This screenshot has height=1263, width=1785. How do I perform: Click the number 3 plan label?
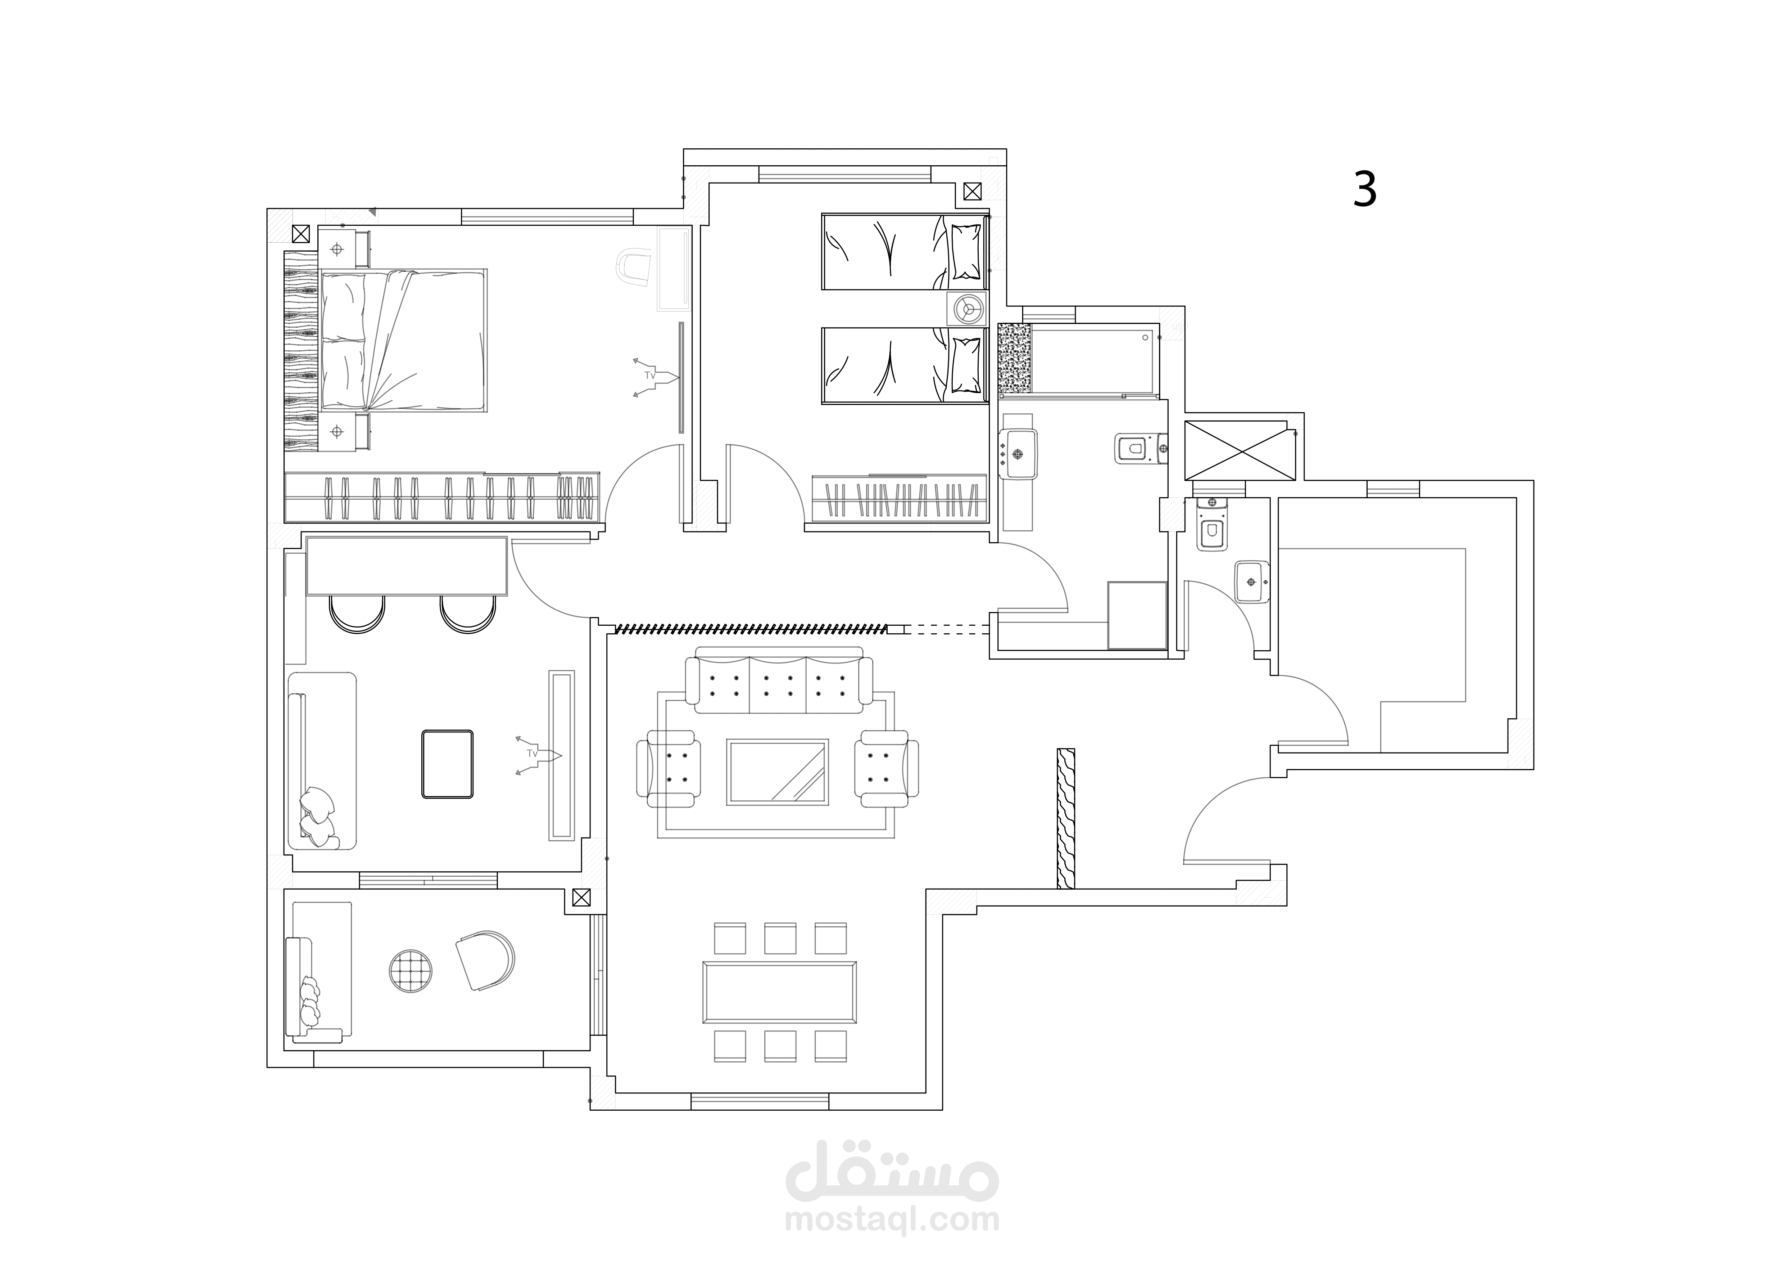[1365, 189]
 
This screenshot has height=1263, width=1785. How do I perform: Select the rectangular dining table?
[780, 992]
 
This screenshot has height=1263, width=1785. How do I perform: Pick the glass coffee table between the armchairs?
[778, 772]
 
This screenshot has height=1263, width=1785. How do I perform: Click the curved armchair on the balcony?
[485, 961]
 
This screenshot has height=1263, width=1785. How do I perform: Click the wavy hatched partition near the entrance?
[1066, 818]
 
